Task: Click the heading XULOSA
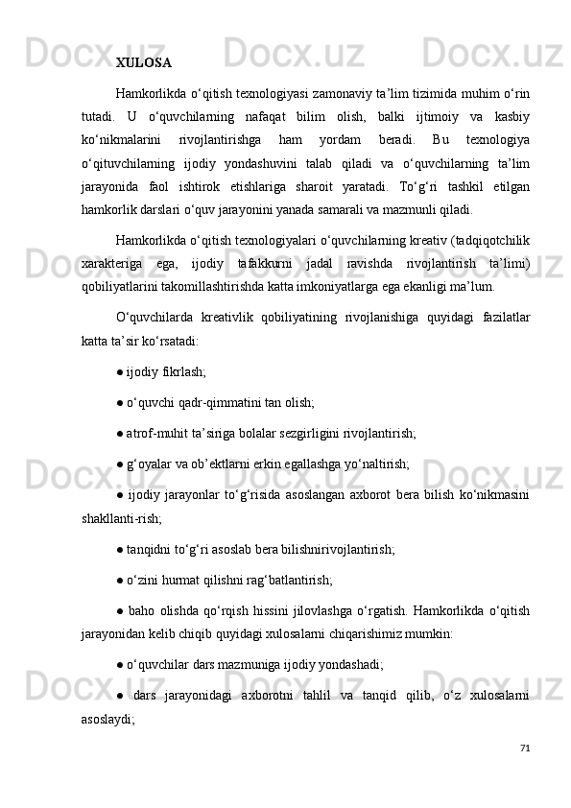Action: tap(144, 64)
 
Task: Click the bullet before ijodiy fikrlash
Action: tap(120, 371)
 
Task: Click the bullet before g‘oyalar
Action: tap(120, 464)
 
